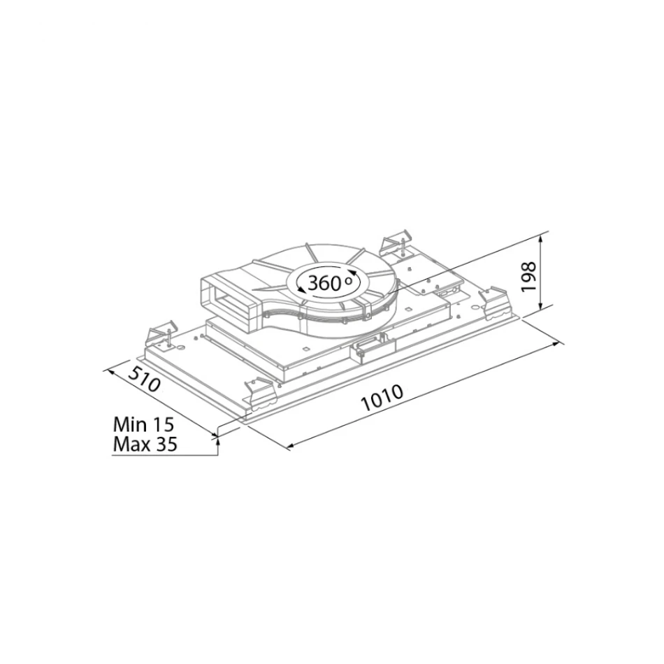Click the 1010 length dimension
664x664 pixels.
tap(382, 398)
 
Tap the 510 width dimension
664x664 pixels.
tap(144, 380)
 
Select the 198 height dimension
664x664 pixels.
tap(528, 277)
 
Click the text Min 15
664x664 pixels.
tap(143, 424)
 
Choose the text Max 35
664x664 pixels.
tap(145, 445)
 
